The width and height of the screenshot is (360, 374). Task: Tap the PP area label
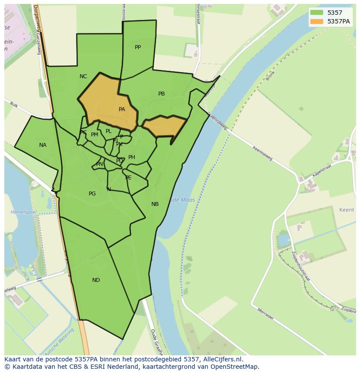(x=138, y=47)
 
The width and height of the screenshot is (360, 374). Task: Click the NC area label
(x=83, y=76)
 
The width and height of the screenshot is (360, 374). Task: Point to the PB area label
(x=161, y=94)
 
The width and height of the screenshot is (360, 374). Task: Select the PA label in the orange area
(x=122, y=109)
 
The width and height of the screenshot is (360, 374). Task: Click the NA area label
(x=43, y=145)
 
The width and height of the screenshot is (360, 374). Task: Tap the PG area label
(x=92, y=194)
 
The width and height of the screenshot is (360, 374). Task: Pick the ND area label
(x=96, y=280)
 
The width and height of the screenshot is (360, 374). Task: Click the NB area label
(x=155, y=204)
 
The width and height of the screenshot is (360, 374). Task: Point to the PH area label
(x=132, y=157)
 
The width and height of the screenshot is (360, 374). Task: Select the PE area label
(x=128, y=178)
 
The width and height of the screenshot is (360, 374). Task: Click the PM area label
(x=94, y=135)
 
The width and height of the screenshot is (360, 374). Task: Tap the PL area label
(x=109, y=131)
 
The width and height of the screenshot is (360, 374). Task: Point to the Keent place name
(x=347, y=210)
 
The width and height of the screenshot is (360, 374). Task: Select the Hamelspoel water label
(x=23, y=212)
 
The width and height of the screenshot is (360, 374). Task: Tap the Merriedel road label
(x=265, y=314)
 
